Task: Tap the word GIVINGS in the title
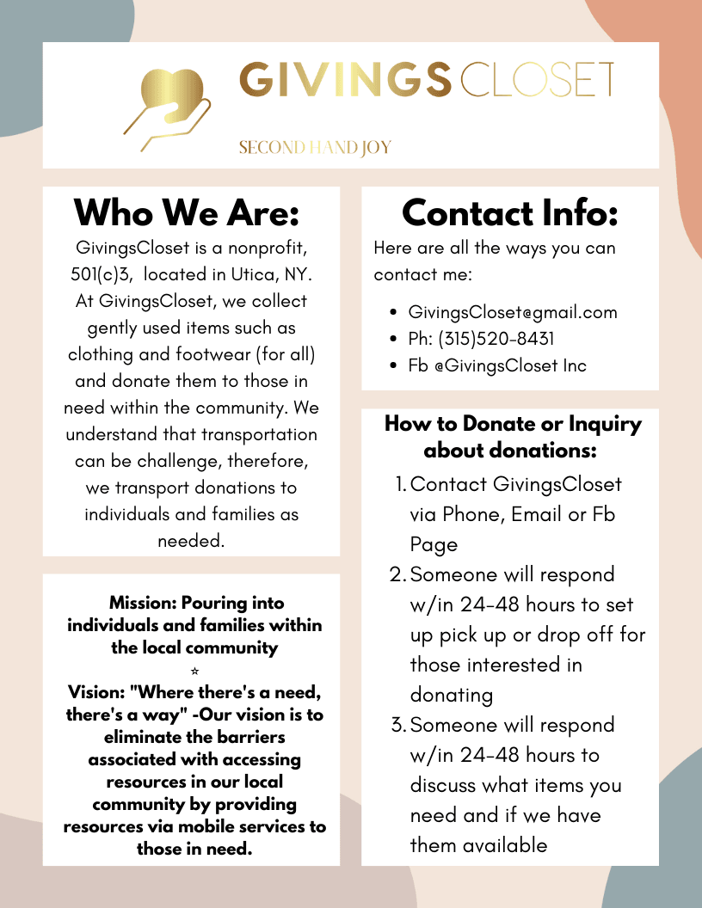tap(344, 80)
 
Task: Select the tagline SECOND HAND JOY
tap(315, 148)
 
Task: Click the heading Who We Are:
tap(187, 212)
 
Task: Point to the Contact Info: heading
tap(510, 212)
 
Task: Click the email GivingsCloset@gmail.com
tap(513, 312)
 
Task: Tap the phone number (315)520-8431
tap(487, 339)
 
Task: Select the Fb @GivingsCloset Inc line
tap(497, 365)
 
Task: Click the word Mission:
tap(143, 603)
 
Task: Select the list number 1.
tap(400, 484)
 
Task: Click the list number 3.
tap(398, 725)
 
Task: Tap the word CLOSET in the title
tap(538, 80)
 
